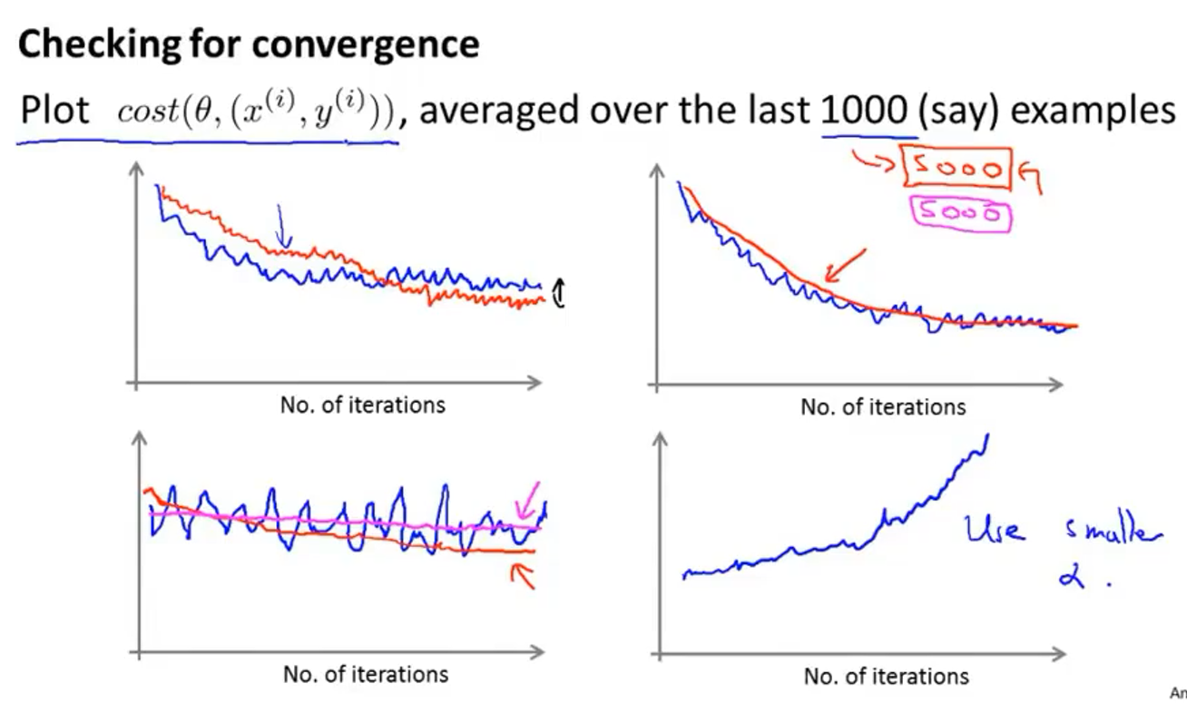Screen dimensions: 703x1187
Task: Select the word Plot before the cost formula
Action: click(x=55, y=112)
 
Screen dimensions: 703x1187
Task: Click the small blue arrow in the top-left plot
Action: click(x=282, y=226)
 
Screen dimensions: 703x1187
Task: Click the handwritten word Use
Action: click(x=997, y=529)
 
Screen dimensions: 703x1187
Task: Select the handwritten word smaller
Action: click(x=1109, y=535)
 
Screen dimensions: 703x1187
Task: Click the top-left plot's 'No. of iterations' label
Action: click(x=362, y=405)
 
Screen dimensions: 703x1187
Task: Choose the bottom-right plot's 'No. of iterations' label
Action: click(x=886, y=677)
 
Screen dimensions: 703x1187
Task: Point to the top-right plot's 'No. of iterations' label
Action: click(x=882, y=407)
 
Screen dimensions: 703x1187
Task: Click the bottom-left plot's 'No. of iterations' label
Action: click(x=365, y=675)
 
